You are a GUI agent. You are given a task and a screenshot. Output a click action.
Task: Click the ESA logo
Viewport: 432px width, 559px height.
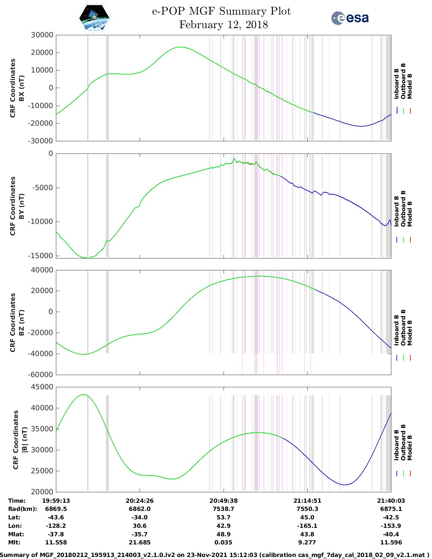coord(350,18)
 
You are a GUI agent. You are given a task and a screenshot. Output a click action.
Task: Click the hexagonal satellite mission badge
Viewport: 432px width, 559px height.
coord(94,18)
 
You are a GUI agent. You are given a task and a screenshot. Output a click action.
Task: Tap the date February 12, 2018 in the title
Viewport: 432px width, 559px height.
coord(223,25)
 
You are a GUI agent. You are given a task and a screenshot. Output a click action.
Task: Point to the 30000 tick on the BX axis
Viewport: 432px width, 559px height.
coord(42,35)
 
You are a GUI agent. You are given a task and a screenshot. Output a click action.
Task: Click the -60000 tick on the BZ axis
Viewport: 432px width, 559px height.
coord(42,375)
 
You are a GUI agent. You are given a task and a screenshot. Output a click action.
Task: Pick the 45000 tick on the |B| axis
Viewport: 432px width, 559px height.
coord(42,387)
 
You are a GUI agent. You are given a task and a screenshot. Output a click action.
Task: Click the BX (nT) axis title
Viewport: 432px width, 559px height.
coord(22,88)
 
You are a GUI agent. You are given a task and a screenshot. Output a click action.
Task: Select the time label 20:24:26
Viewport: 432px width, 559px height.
coord(140,501)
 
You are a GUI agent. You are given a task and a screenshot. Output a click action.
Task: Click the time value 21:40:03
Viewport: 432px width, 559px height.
coord(391,501)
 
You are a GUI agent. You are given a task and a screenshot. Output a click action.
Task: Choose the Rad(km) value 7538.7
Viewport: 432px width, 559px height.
coord(223,509)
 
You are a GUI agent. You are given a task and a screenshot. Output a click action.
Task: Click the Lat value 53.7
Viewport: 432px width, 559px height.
coord(223,517)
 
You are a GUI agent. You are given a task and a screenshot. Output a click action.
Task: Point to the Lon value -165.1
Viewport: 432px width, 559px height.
coord(307,526)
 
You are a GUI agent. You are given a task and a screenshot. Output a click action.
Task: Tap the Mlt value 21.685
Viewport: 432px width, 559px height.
coord(140,542)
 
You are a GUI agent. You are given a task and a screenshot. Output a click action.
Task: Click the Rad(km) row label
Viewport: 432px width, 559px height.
coord(22,509)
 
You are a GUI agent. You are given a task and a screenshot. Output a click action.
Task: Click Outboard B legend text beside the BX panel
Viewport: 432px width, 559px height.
coord(403,81)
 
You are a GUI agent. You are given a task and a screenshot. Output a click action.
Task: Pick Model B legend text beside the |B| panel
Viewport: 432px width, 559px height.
coord(410,448)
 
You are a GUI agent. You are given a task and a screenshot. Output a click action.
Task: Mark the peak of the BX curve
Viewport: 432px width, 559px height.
coord(181,47)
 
